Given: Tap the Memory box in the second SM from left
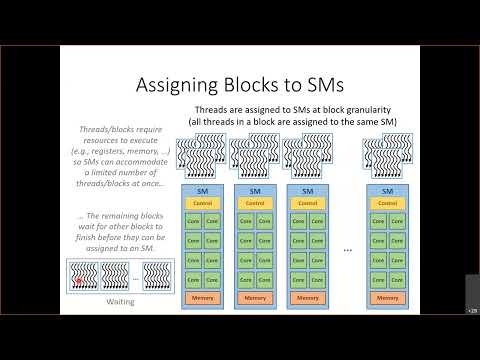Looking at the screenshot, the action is tap(255, 298).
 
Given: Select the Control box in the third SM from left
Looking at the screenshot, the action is tap(308, 203).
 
